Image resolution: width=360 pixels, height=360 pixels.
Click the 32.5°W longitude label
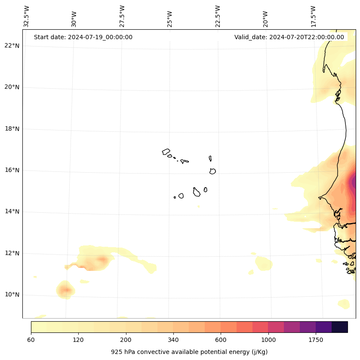(x=27, y=16)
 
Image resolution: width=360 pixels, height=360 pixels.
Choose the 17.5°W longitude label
(x=313, y=16)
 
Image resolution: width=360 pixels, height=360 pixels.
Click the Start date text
(x=83, y=37)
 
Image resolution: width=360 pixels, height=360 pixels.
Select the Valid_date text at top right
(x=289, y=37)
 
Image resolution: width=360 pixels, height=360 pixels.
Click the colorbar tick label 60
(x=31, y=340)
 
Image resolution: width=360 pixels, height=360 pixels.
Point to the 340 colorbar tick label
(x=173, y=340)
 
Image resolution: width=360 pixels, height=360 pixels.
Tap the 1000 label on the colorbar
(x=268, y=340)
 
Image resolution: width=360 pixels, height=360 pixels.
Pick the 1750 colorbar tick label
(x=316, y=340)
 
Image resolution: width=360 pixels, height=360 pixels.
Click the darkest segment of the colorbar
(x=340, y=327)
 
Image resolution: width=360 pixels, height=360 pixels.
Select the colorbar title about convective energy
(x=189, y=352)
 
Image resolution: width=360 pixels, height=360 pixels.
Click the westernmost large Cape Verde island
(x=166, y=152)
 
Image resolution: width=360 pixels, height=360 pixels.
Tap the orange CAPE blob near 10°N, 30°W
(x=65, y=289)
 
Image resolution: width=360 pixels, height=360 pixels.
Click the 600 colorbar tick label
(x=221, y=340)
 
